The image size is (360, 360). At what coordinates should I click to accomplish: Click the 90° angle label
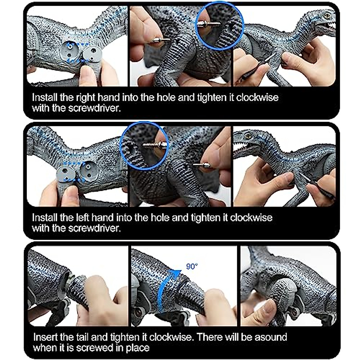(192, 266)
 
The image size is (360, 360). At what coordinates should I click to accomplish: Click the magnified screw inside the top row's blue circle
(209, 24)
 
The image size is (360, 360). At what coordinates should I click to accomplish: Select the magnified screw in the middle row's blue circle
(153, 145)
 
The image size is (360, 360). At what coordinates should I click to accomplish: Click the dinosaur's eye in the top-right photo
(326, 14)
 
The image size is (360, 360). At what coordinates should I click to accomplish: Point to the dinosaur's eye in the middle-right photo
(248, 136)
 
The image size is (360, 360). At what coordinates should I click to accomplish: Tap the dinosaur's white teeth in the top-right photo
(331, 26)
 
